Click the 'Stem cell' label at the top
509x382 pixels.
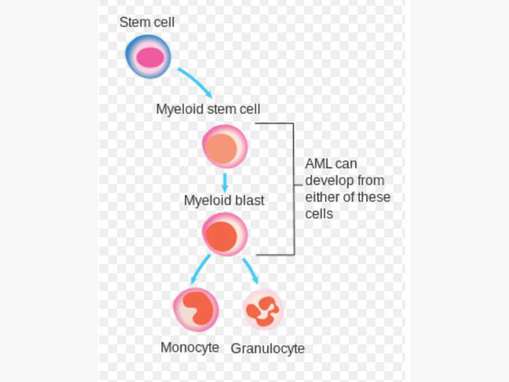point(146,22)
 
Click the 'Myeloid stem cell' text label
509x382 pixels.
point(208,109)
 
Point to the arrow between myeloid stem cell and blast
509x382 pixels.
point(225,181)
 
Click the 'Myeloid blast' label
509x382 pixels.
point(224,200)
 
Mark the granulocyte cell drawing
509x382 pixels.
point(263,310)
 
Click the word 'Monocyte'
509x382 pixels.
point(190,348)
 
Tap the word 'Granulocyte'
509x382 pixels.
point(267,349)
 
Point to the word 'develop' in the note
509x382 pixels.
point(326,181)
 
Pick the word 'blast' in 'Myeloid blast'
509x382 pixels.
point(250,200)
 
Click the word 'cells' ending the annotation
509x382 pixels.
point(319,214)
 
